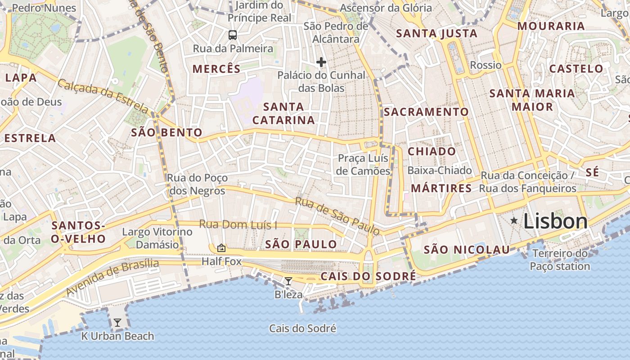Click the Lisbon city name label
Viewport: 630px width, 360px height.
point(555,221)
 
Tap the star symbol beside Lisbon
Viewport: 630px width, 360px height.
point(514,220)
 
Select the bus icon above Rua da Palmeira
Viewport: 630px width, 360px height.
point(233,35)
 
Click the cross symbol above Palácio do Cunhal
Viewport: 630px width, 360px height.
point(321,62)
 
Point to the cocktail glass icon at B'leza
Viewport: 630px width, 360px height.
point(288,281)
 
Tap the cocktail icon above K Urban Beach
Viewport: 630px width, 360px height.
point(117,322)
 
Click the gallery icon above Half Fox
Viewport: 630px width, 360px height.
point(221,248)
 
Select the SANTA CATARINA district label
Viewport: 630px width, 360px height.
point(283,113)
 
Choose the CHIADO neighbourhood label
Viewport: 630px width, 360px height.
point(432,152)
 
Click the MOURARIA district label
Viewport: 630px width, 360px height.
point(551,26)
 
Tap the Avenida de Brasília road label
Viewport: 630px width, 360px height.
point(112,277)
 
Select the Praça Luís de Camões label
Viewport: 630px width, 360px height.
point(363,165)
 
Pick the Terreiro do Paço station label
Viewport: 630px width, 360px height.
point(560,260)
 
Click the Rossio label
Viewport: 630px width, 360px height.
point(486,65)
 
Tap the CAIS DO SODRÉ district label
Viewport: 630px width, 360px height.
point(368,276)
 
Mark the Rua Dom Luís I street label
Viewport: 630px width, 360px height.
point(238,224)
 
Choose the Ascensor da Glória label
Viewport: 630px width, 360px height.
point(386,8)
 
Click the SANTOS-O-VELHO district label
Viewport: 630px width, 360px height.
point(78,232)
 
